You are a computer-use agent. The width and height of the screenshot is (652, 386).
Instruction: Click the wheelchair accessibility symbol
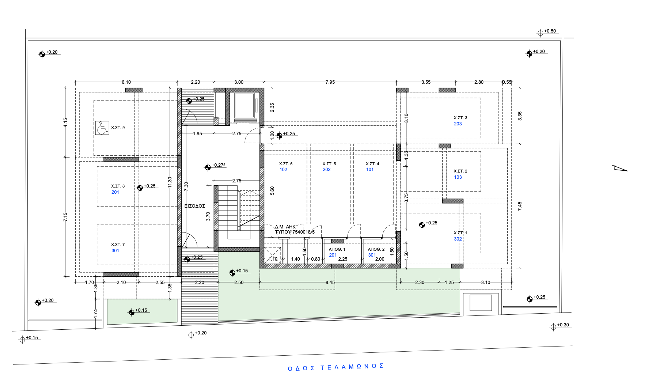(102, 128)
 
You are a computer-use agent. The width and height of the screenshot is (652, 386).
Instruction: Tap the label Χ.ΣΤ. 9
(118, 128)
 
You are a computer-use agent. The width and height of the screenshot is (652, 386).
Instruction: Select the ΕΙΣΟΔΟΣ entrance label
(194, 206)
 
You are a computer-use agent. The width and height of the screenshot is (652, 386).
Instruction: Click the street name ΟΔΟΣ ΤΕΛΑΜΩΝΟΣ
(336, 367)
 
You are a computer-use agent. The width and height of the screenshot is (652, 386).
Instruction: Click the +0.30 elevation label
(563, 325)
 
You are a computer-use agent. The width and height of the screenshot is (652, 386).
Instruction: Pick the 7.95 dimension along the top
(330, 82)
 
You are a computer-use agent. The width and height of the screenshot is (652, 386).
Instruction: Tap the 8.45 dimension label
(330, 282)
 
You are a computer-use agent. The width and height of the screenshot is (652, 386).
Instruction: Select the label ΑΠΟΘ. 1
(337, 249)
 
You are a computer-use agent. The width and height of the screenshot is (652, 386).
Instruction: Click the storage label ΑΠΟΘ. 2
(376, 249)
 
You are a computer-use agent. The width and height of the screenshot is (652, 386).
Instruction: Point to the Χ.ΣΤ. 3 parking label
(460, 118)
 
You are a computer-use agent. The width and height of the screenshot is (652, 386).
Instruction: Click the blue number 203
(458, 124)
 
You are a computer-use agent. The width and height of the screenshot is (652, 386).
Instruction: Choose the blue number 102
(283, 170)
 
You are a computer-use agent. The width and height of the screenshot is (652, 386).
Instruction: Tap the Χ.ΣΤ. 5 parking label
(329, 164)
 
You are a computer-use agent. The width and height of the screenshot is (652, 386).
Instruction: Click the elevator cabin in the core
(244, 106)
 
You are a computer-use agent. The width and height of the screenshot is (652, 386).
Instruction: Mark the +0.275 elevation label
(219, 165)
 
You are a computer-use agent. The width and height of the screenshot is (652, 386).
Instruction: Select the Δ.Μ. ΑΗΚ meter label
(285, 227)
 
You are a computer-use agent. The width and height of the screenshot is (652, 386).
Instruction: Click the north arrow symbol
(620, 168)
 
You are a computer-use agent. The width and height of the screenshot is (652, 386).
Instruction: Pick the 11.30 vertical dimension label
(170, 182)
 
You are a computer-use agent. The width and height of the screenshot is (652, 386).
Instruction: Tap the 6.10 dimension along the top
(126, 82)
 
